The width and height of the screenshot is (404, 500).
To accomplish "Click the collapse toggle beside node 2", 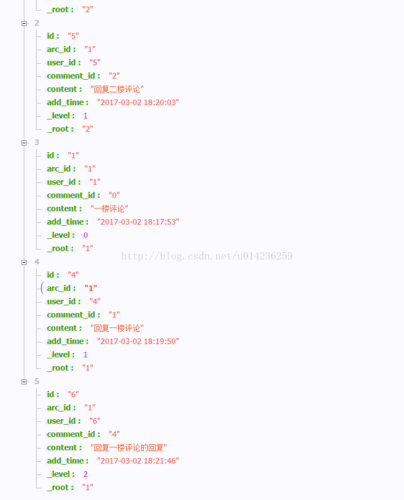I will point(24,23).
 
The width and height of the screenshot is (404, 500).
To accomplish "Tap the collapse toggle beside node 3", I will point(24,143).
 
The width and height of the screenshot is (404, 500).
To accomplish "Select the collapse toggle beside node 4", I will point(24,262).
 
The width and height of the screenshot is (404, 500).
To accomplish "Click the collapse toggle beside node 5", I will point(24,382).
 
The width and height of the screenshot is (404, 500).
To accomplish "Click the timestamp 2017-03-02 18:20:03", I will point(138,102).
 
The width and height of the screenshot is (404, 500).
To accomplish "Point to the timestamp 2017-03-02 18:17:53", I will point(138,222).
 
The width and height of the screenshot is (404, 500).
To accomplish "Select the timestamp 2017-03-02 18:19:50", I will point(138,341).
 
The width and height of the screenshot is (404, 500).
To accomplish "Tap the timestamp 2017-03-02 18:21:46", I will point(138,461).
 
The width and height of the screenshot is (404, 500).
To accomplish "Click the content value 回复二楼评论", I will point(117,89).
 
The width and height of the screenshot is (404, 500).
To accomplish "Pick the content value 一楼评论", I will point(109,209).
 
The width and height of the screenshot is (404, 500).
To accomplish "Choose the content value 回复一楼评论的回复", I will point(128,447).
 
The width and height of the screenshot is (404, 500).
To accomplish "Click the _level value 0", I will point(86,235).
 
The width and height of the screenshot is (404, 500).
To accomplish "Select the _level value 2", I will point(86,474).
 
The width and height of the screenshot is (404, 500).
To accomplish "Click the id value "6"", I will point(73,394).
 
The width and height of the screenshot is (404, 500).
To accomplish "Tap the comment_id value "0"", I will point(114,195).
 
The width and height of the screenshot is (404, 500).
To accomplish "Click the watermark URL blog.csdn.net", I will point(206,256).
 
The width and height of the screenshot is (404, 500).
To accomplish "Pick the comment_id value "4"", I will point(114,434).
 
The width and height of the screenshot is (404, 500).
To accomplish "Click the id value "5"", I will point(73,36).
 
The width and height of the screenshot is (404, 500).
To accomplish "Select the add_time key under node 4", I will point(67,341).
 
